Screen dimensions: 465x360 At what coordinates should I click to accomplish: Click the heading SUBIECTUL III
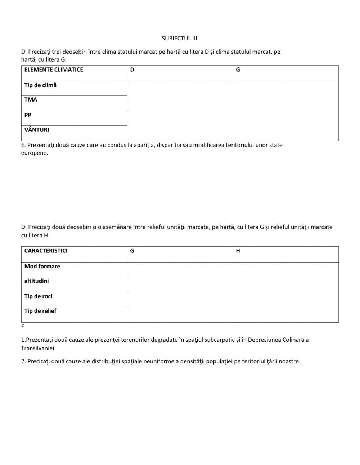(x=179, y=38)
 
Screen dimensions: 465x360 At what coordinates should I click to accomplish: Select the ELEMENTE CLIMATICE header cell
(x=54, y=70)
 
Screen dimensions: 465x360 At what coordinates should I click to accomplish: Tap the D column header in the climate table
(x=132, y=70)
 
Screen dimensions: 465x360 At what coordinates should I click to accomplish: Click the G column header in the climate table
(x=238, y=70)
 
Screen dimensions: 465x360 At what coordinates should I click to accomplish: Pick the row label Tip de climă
(x=40, y=85)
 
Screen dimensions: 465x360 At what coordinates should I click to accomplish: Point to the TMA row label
(x=31, y=100)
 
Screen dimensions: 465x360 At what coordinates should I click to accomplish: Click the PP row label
(x=28, y=115)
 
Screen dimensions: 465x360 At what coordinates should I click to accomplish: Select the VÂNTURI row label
(x=37, y=130)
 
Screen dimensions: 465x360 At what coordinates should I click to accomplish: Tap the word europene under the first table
(x=35, y=153)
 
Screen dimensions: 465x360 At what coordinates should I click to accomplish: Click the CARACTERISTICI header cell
(x=46, y=251)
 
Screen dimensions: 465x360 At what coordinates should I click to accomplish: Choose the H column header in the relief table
(x=238, y=251)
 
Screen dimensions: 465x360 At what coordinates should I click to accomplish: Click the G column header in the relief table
(x=132, y=251)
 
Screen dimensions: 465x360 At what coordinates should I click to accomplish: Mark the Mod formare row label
(x=42, y=267)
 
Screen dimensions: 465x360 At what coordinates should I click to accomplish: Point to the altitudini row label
(x=36, y=281)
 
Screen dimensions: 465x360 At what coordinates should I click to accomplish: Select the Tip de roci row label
(x=38, y=296)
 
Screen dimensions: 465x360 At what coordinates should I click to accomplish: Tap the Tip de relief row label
(x=40, y=311)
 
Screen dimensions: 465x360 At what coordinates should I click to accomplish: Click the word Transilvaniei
(x=37, y=348)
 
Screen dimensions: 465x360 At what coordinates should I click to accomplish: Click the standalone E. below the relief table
(x=23, y=327)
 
